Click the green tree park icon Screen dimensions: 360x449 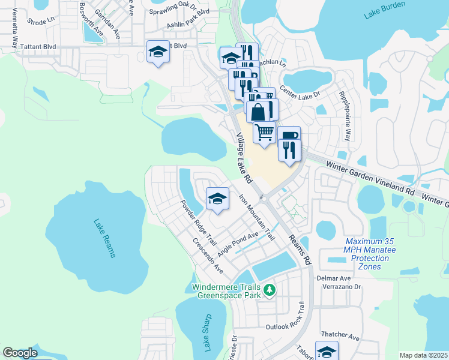pyautogui.click(x=270, y=290)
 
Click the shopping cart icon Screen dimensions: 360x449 pyautogui.click(x=264, y=131)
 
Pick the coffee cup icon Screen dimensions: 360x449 pyautogui.click(x=289, y=136)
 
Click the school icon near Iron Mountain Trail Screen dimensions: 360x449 pyautogui.click(x=217, y=199)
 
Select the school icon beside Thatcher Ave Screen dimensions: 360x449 pyautogui.click(x=327, y=352)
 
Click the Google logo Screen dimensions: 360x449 pyautogui.click(x=20, y=352)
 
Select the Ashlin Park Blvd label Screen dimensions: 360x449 pyautogui.click(x=188, y=28)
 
